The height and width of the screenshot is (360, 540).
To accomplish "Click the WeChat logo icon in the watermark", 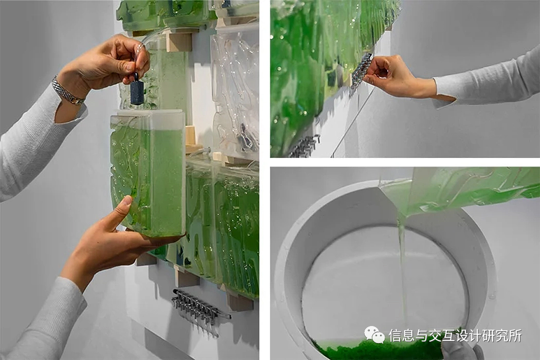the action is [x=375, y=335].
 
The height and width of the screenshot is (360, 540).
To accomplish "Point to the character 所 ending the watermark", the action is [x=515, y=335].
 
